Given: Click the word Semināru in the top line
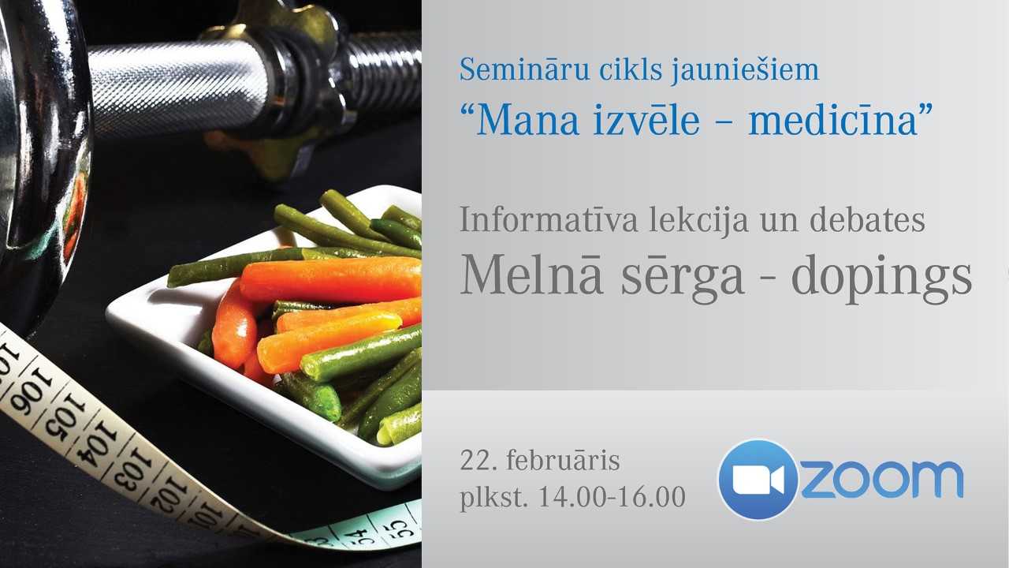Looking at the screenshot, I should point(508,70).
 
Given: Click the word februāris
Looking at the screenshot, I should point(563,460).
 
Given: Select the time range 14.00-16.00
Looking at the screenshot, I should point(612,498).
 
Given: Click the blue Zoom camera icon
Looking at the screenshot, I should point(758,479).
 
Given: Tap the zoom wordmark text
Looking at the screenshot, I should point(883,479).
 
